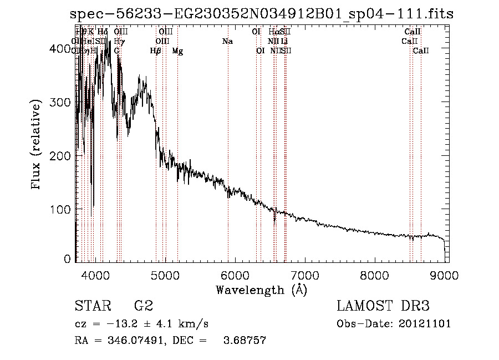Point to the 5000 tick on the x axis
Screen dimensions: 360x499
(x=165, y=275)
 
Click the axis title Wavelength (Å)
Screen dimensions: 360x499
(x=261, y=290)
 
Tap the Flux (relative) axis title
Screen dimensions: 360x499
(x=37, y=145)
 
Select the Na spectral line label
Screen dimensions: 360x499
(x=227, y=42)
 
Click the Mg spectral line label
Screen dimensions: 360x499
(x=177, y=51)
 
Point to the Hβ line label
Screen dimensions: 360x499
(x=156, y=51)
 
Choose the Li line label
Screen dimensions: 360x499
(x=284, y=42)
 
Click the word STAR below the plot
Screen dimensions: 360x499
(x=91, y=306)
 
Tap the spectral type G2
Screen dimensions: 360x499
(x=144, y=306)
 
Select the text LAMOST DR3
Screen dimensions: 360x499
(x=383, y=306)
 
